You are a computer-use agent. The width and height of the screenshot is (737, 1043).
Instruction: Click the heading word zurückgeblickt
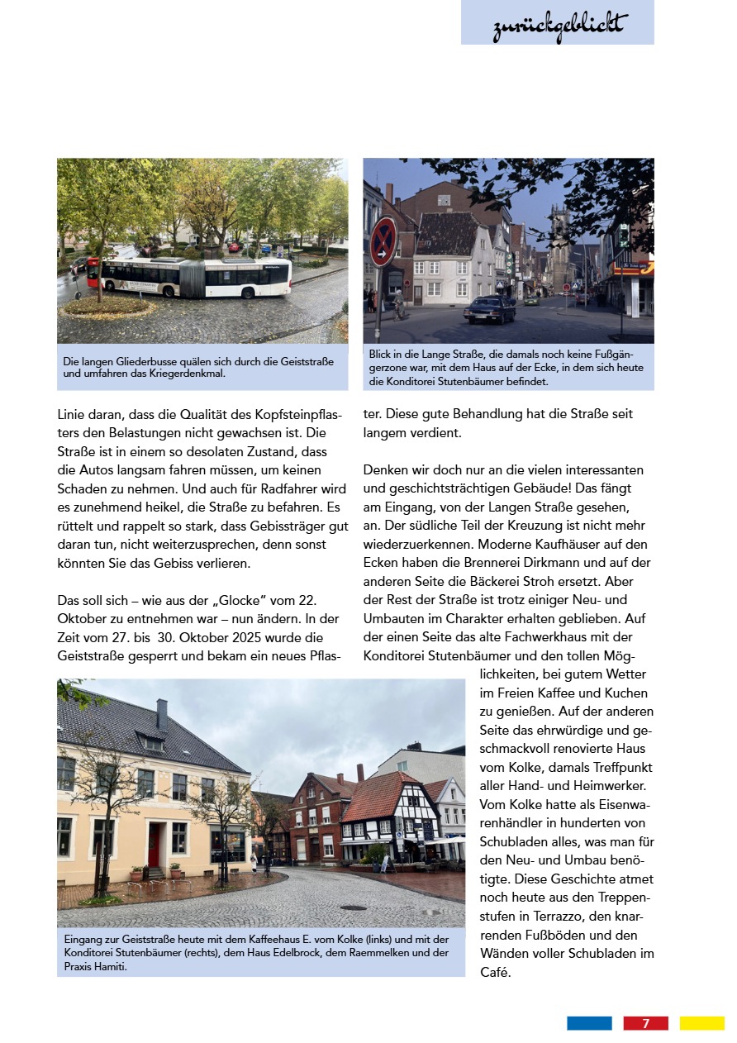559,25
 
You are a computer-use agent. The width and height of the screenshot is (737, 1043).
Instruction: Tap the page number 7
645,1023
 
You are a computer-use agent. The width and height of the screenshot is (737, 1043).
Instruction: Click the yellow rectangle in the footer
701,1023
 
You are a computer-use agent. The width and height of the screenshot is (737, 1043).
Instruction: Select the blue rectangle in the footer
589,1023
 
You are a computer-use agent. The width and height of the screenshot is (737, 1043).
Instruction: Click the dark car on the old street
489,311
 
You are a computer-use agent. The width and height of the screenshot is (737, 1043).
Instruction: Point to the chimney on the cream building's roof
162,713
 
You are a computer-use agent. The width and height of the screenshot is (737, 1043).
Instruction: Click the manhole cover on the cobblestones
353,907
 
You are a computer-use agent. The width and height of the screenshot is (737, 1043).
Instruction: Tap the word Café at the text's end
496,973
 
